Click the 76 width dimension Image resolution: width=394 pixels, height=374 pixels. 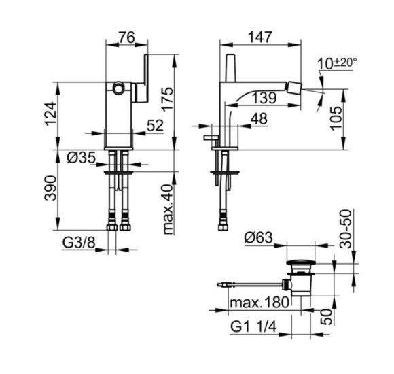click(x=127, y=37)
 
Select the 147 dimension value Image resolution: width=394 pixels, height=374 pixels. click(x=259, y=37)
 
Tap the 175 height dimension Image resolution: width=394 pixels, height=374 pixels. click(x=167, y=99)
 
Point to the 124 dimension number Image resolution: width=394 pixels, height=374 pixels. click(x=51, y=114)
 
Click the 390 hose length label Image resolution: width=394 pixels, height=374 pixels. click(x=50, y=188)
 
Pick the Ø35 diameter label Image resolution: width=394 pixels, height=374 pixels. click(x=82, y=158)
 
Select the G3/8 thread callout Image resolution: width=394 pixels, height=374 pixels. click(x=79, y=243)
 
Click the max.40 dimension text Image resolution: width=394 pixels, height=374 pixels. click(x=168, y=209)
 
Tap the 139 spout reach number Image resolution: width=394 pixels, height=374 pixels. click(x=264, y=98)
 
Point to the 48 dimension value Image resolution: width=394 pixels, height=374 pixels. click(x=259, y=119)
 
